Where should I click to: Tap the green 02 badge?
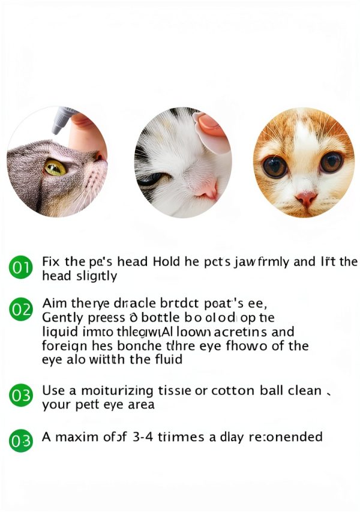point(20,310)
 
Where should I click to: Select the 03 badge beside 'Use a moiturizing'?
point(20,396)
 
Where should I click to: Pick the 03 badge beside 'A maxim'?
point(20,441)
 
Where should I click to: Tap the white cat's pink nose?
point(206,190)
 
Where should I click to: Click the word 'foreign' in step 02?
point(63,346)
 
